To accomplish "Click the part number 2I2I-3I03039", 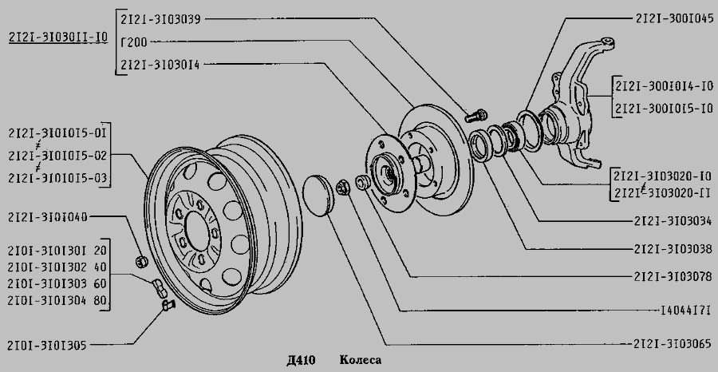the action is (x=160, y=19).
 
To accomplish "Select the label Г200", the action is (x=134, y=42).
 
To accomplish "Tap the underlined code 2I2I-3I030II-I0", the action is (x=58, y=37).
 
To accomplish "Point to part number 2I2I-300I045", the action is (x=674, y=18).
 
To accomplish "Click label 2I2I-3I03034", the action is (x=673, y=221).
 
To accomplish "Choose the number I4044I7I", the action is (x=685, y=311).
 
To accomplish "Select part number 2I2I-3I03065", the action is (x=673, y=343).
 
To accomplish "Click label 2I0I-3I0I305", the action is (x=47, y=345).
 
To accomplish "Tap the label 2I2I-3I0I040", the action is (x=47, y=216).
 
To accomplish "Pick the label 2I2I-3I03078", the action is (x=673, y=276).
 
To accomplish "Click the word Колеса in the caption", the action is (x=361, y=360).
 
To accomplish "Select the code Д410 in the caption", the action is (x=301, y=360).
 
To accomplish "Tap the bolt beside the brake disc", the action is (x=476, y=115).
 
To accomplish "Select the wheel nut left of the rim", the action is (x=142, y=262).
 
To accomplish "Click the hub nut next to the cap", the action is (x=342, y=188).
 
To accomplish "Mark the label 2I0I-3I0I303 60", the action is (x=57, y=283).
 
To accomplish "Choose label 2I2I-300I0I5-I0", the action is (x=664, y=109).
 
